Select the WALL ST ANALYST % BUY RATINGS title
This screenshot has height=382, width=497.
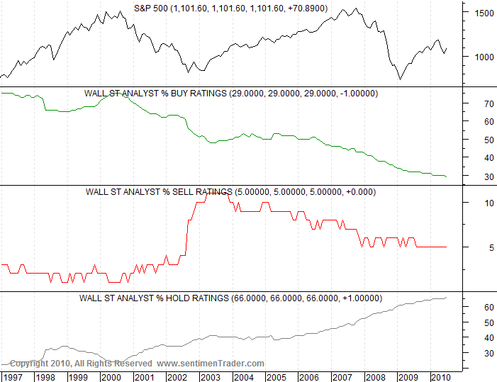point(231,93)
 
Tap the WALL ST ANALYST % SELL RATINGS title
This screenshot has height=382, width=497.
point(231,191)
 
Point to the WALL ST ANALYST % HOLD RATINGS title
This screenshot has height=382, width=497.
point(231,298)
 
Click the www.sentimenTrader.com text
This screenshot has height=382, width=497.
point(210,364)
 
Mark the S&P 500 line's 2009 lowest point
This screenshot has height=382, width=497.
point(400,79)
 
